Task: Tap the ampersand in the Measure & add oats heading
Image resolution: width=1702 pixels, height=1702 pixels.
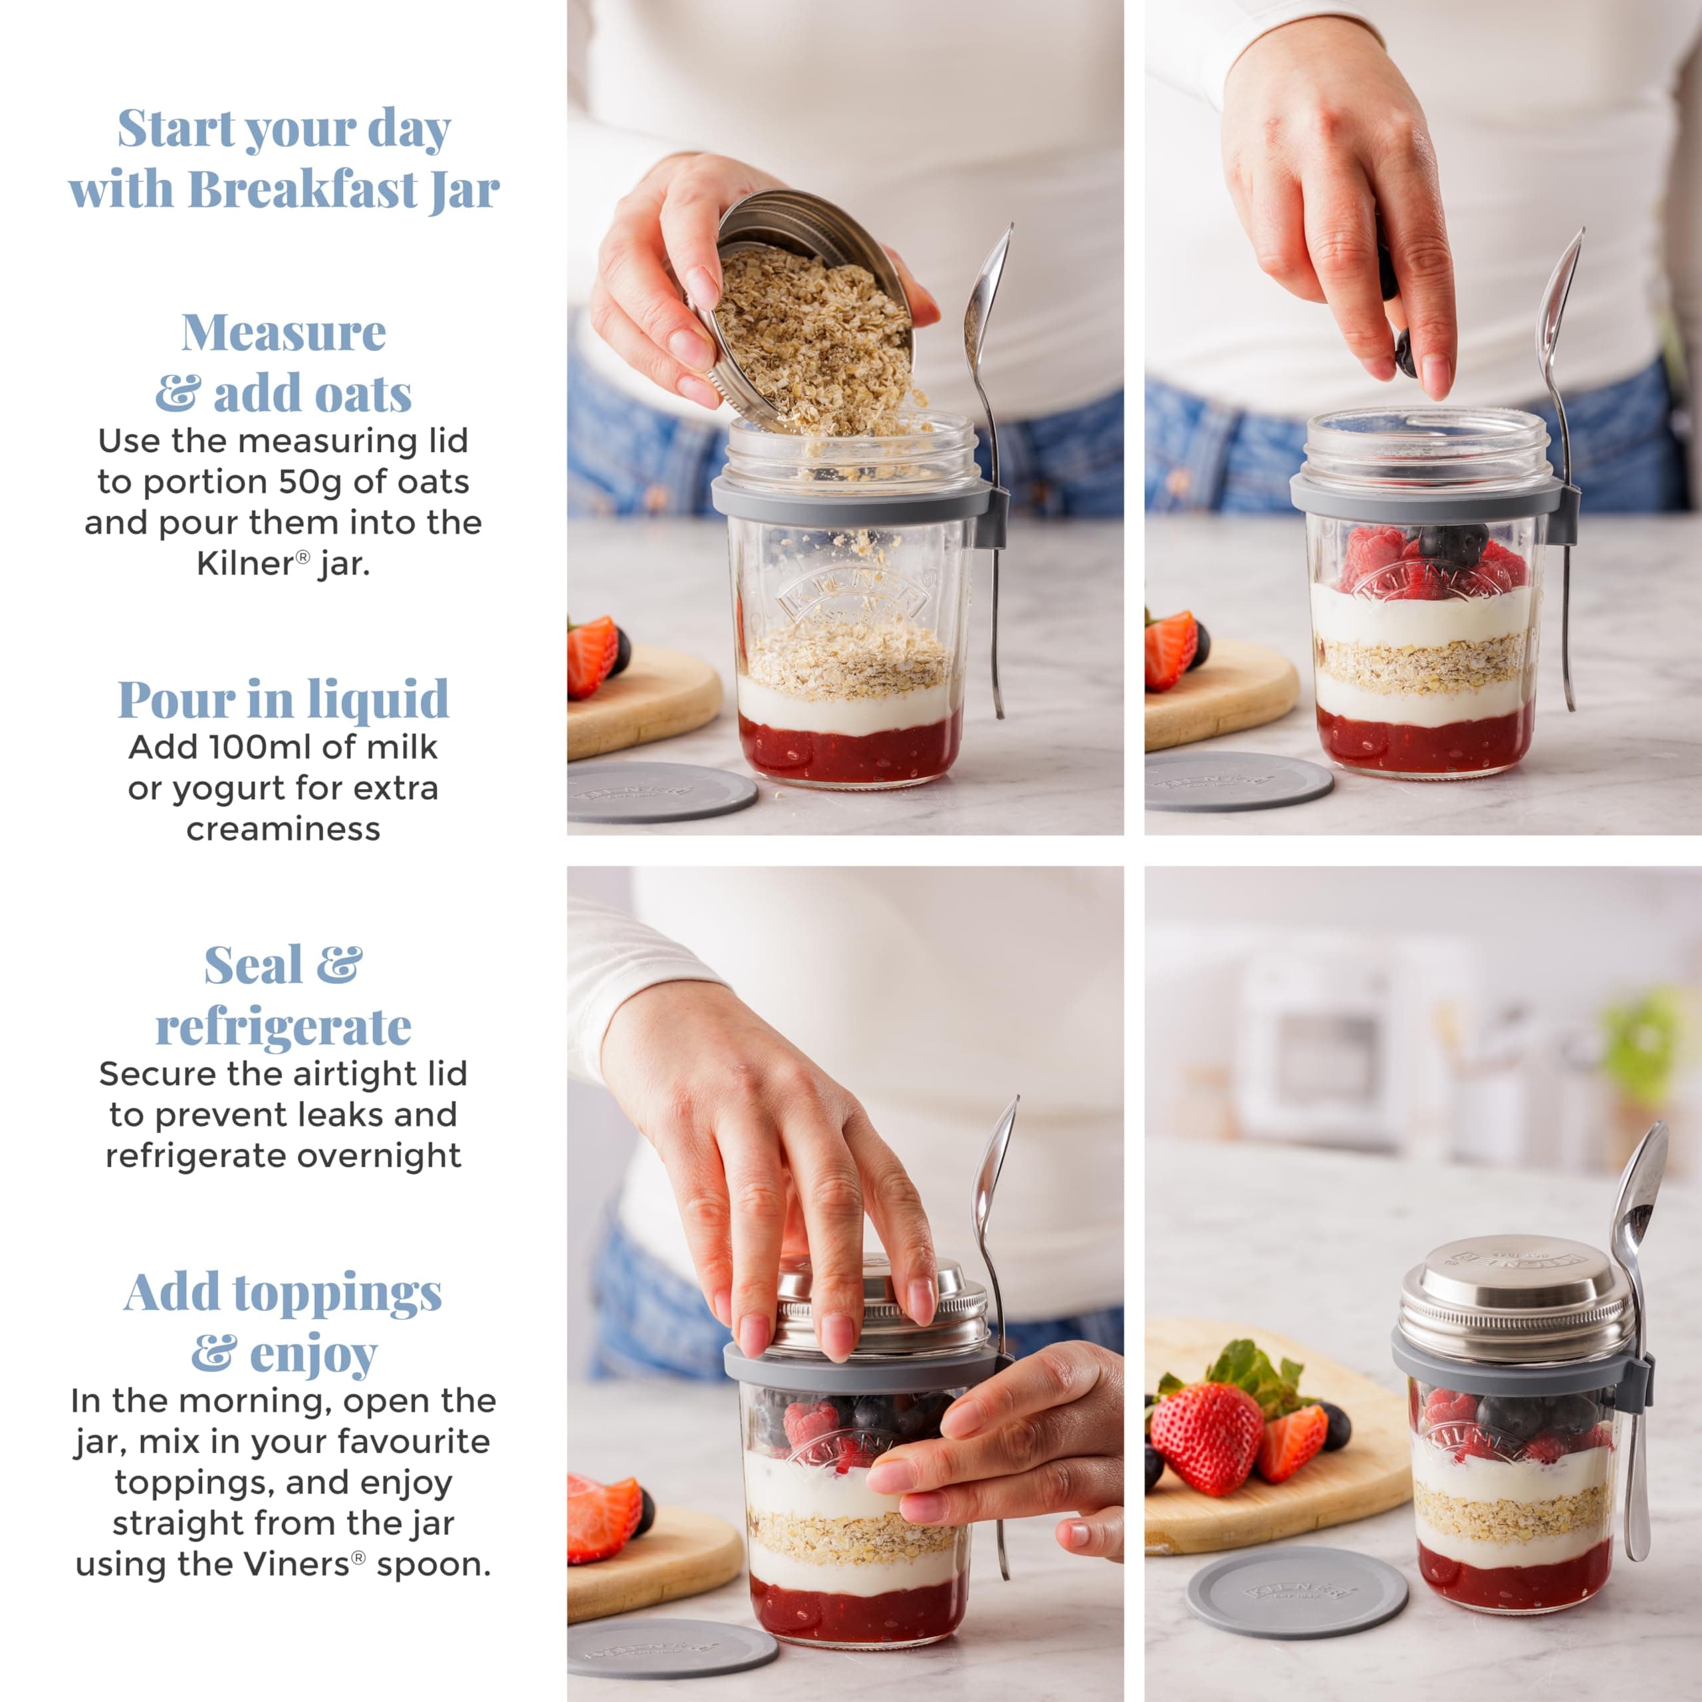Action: tap(179, 394)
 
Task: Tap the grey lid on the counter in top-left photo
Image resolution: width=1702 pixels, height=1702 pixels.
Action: tap(662, 792)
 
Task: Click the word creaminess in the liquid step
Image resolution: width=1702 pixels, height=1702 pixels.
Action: tap(283, 829)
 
